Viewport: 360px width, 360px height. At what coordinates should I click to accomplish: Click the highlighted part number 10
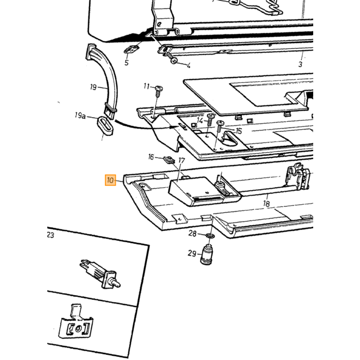111,180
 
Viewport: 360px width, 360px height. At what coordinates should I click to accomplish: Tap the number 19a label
80,115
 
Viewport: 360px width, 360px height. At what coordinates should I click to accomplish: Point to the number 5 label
127,62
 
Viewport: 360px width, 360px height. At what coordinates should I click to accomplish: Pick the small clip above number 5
132,49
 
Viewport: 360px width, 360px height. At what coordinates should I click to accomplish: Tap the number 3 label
300,64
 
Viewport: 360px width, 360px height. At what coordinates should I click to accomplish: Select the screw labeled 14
210,119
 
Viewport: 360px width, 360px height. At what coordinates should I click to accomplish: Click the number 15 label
239,131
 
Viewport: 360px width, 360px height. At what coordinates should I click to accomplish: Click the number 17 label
182,160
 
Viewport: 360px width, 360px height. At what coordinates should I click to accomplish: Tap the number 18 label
266,204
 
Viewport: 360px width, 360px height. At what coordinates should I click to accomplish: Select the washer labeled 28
210,236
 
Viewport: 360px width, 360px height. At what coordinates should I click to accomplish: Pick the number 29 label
192,254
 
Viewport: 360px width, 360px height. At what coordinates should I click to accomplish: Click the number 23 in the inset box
50,235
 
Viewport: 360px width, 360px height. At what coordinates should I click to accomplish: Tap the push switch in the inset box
100,274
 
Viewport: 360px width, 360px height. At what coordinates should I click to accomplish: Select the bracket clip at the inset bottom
76,321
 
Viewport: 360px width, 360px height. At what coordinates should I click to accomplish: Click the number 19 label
93,87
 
